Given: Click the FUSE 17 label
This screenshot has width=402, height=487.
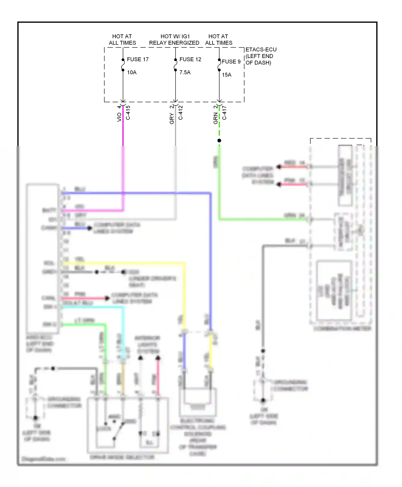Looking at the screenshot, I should (137, 59).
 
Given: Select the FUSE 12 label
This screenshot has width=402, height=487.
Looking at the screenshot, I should (190, 59).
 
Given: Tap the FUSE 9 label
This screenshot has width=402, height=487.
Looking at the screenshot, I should (231, 62).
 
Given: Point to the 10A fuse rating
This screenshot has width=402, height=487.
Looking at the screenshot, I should (132, 72).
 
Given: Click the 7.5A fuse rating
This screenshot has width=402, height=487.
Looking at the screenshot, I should (185, 72).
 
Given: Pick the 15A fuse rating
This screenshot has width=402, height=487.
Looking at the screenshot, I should (226, 75).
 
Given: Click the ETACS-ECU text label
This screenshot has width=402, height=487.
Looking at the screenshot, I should (261, 50).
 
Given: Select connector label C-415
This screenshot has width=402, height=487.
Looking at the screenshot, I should (128, 113).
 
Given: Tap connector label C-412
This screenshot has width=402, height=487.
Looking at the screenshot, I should (181, 113).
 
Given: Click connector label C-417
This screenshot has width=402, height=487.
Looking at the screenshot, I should (225, 113).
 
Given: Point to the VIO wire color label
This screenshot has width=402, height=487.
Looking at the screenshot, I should (119, 117).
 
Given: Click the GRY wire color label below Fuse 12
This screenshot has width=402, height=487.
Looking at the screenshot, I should (172, 118).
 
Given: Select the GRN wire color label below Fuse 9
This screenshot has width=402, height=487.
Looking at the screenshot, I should (215, 118).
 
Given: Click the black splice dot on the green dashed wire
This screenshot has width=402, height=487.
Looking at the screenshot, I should (219, 141).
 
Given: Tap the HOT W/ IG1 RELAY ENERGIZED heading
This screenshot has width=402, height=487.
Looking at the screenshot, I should (174, 39).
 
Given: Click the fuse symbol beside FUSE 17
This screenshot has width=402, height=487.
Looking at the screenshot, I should (123, 65).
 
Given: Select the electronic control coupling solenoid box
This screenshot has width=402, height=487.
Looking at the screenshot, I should (198, 402).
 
